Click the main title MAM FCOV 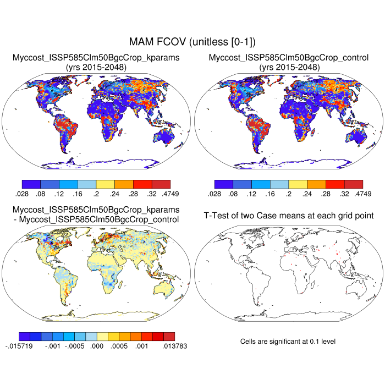193,42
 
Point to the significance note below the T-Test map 288,342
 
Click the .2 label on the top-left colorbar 96,193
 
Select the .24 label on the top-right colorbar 307,193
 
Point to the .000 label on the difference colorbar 96,346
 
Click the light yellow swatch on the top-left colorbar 105,184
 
